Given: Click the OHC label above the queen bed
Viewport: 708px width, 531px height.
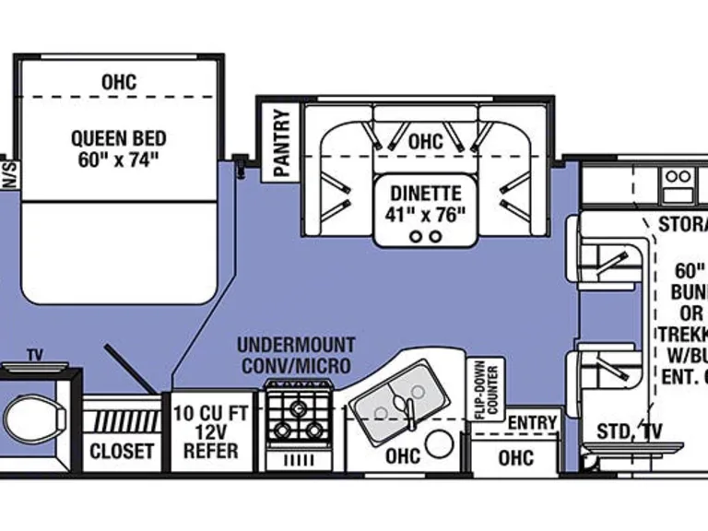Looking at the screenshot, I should pos(119,82).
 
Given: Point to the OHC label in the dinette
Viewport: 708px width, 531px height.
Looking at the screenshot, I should pos(425,142).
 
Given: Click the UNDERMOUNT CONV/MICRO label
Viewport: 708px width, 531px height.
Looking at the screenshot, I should pos(295,356).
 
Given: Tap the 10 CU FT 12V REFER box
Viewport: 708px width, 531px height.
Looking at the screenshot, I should pos(210,431).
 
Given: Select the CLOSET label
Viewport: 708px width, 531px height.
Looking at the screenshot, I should pos(122,451).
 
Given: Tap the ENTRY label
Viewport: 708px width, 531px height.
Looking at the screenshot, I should pos(533,422).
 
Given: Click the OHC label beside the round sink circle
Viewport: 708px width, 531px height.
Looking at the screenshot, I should pos(403,454).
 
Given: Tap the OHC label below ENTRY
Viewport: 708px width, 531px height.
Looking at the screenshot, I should pos(515,457).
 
